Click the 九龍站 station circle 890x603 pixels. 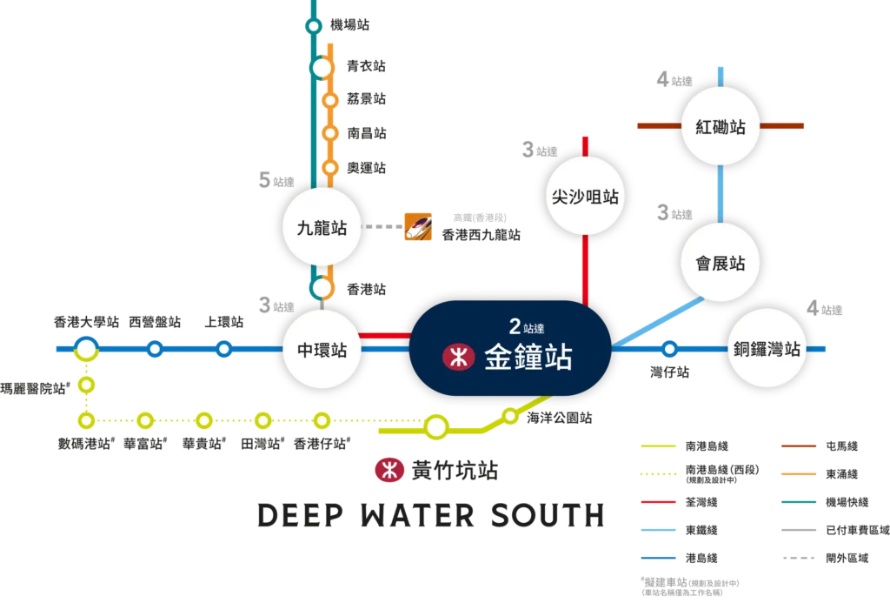[322, 228]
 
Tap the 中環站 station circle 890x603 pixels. [322, 349]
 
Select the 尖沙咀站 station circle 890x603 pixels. [585, 197]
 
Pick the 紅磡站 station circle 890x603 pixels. [721, 126]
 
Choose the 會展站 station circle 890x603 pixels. [721, 263]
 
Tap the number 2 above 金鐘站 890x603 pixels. [515, 327]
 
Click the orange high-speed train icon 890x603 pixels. [419, 226]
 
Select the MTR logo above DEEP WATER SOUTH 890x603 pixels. [389, 470]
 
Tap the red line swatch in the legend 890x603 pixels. [658, 502]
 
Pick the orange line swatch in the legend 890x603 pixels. [800, 473]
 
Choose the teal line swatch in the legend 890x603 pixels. [800, 502]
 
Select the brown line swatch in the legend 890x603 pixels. [800, 446]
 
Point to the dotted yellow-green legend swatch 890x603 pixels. [658, 473]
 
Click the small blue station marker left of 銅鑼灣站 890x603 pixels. [669, 350]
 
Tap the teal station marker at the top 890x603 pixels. [313, 27]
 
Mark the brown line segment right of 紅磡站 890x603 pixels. [784, 126]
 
